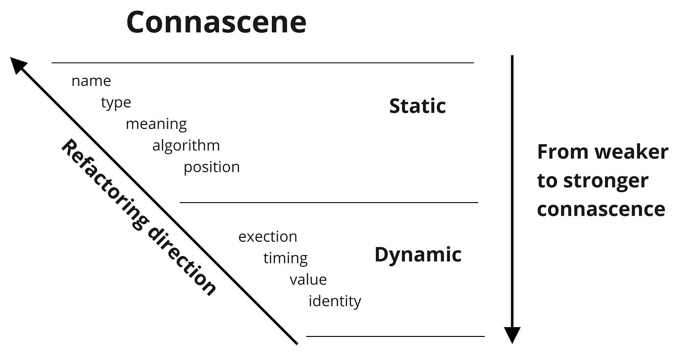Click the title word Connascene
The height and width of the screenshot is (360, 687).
216,22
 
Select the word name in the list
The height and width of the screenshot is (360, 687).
91,81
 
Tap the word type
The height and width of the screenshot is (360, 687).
116,103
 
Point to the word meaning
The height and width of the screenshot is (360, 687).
156,124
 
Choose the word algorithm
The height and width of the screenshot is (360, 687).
186,146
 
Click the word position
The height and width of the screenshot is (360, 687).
211,167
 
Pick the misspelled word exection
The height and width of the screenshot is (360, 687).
267,236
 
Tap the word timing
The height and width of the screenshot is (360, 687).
285,258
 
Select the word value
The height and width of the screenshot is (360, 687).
308,280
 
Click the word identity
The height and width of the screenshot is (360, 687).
335,301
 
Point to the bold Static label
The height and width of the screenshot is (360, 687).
417,106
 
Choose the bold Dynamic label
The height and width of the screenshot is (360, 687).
418,255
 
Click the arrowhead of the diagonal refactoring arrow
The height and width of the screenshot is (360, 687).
17,64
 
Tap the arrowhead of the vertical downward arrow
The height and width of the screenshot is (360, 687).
512,335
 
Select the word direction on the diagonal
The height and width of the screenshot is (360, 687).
181,260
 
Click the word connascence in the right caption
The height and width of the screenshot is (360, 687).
601,209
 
